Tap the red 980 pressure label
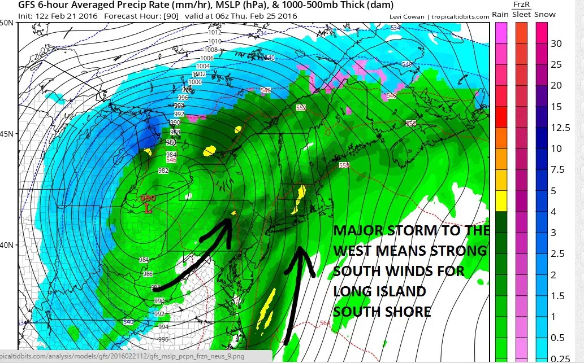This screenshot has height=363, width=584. [148, 199]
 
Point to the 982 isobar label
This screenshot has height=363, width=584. [163, 170]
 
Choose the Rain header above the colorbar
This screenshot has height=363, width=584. [500, 15]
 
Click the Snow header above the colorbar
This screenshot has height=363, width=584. [545, 15]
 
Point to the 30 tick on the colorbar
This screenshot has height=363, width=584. [556, 43]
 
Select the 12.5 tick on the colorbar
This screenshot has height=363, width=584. [560, 128]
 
